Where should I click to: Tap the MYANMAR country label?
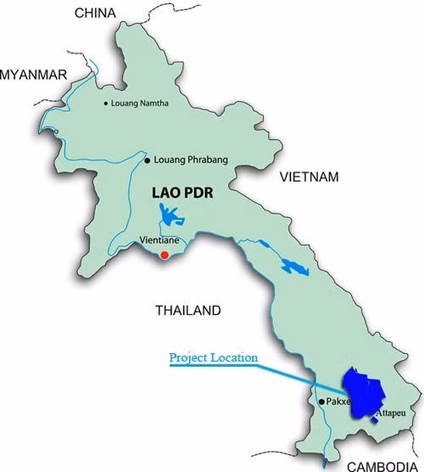(x=34, y=75)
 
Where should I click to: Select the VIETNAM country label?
(x=310, y=177)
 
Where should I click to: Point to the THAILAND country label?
(x=187, y=310)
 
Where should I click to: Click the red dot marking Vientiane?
(x=165, y=253)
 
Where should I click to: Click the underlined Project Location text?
(x=214, y=358)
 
